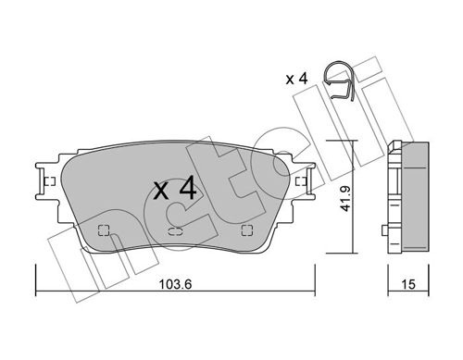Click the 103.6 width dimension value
175,284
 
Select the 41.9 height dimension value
345,199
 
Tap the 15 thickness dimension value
408,284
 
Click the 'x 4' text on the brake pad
175,188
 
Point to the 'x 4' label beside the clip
296,79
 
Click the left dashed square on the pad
104,230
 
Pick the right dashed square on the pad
247,230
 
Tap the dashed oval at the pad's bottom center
175,230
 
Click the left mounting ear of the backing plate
46,181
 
